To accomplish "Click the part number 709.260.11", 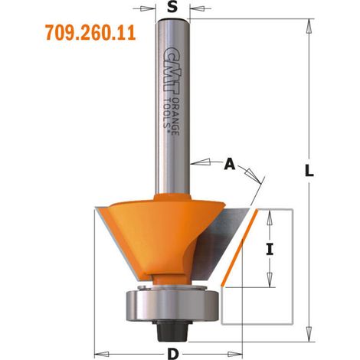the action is coord(90,33).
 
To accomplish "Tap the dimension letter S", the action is coord(172,8).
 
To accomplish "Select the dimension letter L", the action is coord(309,171).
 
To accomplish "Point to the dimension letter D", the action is coord(173,354).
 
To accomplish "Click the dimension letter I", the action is coord(270,250).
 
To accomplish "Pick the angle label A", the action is coord(229,164).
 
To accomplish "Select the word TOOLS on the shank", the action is coord(167,113).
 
